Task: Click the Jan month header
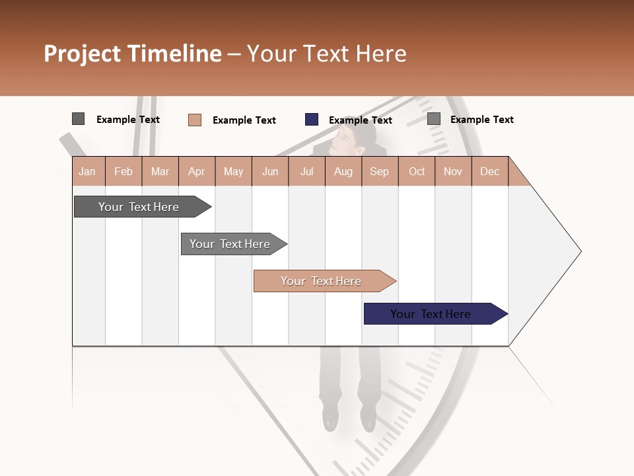pyautogui.click(x=87, y=171)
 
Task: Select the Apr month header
pyautogui.click(x=196, y=171)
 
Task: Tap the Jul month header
pyautogui.click(x=306, y=171)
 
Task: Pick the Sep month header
pyautogui.click(x=379, y=171)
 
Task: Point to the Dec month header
pyautogui.click(x=489, y=171)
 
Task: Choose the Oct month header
pyautogui.click(x=417, y=171)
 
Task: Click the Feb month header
pyautogui.click(x=123, y=171)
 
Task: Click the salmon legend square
pyautogui.click(x=195, y=120)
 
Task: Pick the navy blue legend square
pyautogui.click(x=312, y=119)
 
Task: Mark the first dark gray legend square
pyautogui.click(x=78, y=119)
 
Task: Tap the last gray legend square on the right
pyautogui.click(x=434, y=119)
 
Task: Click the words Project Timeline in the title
pyautogui.click(x=133, y=54)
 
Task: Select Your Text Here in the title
pyautogui.click(x=326, y=54)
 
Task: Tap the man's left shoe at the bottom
pyautogui.click(x=329, y=418)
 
